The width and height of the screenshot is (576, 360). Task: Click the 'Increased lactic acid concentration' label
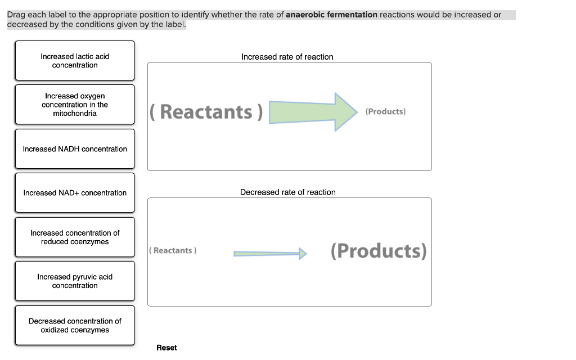tap(75, 61)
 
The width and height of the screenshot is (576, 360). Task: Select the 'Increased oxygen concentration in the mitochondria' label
tap(75, 105)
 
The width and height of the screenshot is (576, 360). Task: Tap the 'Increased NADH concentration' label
tap(75, 149)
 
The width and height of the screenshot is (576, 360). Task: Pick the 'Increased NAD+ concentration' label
tap(75, 193)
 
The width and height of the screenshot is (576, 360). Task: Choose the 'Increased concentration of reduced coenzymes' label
tap(75, 237)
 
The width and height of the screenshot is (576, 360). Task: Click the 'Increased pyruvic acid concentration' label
tap(75, 281)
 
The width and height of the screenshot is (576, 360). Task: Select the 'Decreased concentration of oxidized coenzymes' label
tap(75, 326)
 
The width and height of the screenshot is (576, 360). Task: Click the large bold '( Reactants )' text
tap(206, 112)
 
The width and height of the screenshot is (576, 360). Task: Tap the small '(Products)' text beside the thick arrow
tap(385, 111)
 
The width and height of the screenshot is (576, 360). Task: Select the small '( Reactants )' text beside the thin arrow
tap(173, 250)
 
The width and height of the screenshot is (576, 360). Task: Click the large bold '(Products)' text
tap(379, 250)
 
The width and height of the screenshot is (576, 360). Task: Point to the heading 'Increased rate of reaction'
tap(287, 57)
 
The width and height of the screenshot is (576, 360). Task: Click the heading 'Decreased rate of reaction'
tap(287, 192)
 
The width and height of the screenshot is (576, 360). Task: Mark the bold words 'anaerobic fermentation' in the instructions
tap(331, 15)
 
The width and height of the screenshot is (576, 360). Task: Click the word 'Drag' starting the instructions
tap(16, 15)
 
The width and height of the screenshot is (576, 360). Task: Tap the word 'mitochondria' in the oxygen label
tap(75, 114)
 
